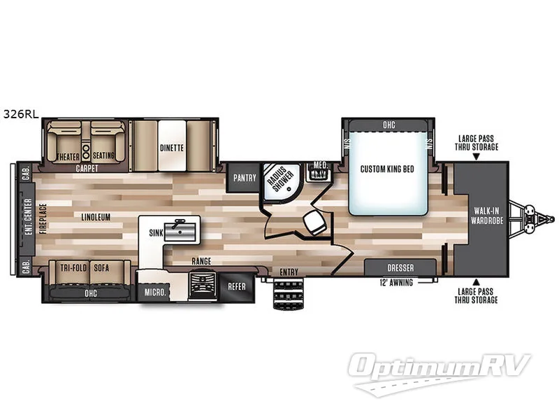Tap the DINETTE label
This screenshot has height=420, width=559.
171,148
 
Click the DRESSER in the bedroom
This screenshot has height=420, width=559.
400,267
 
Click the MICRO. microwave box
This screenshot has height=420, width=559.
154,291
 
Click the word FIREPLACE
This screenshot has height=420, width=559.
43,217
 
